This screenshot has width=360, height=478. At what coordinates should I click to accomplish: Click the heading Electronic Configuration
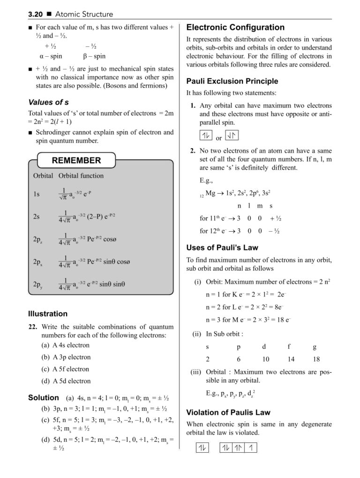(235, 27)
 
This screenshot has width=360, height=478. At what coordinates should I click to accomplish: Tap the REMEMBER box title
(76, 160)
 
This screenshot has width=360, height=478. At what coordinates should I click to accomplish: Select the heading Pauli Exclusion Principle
(232, 81)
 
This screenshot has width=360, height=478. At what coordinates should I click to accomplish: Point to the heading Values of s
(49, 102)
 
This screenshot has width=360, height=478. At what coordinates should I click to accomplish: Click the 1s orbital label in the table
(37, 194)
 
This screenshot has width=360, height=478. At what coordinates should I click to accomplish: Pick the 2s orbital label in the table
(37, 216)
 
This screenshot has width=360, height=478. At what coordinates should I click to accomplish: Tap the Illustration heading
(48, 313)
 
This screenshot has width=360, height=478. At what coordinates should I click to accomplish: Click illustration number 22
(33, 326)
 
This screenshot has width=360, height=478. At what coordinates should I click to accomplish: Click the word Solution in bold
(44, 397)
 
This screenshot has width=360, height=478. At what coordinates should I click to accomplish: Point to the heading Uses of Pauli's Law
(222, 248)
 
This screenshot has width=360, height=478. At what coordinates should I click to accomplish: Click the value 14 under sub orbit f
(291, 359)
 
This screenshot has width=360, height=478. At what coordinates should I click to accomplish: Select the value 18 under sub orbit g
(315, 359)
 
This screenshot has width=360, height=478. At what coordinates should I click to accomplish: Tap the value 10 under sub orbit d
(266, 359)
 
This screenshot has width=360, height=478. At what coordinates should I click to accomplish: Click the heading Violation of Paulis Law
(228, 413)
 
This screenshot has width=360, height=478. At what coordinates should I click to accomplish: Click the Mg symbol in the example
(211, 192)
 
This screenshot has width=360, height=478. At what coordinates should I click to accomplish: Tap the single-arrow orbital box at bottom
(252, 448)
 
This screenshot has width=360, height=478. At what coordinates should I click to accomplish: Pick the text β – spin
(94, 56)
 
